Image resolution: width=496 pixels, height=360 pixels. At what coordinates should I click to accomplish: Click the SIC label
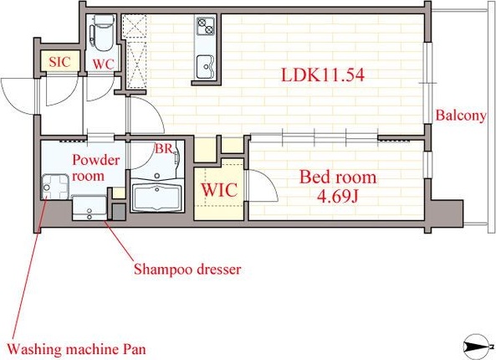click(59, 61)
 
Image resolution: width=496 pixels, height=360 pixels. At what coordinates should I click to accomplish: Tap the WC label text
click(103, 64)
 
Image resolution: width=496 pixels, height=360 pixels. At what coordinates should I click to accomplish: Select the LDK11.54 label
click(323, 75)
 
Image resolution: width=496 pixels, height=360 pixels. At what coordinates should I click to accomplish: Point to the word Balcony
click(461, 116)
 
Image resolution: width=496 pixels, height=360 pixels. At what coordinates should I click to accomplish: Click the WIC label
click(219, 190)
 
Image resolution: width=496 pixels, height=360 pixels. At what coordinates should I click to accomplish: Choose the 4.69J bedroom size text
click(338, 197)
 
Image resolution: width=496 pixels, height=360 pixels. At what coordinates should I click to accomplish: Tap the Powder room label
click(96, 167)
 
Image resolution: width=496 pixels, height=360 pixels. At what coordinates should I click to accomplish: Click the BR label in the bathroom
click(163, 148)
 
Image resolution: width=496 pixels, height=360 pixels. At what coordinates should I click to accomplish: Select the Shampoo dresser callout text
click(187, 270)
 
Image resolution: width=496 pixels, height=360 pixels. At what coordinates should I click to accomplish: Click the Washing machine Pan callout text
click(77, 350)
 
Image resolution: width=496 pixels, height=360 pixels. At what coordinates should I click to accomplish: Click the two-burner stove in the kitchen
click(206, 26)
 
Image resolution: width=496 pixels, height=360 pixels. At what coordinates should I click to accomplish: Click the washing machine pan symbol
click(54, 187)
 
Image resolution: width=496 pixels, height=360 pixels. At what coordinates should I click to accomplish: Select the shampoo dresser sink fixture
click(89, 208)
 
